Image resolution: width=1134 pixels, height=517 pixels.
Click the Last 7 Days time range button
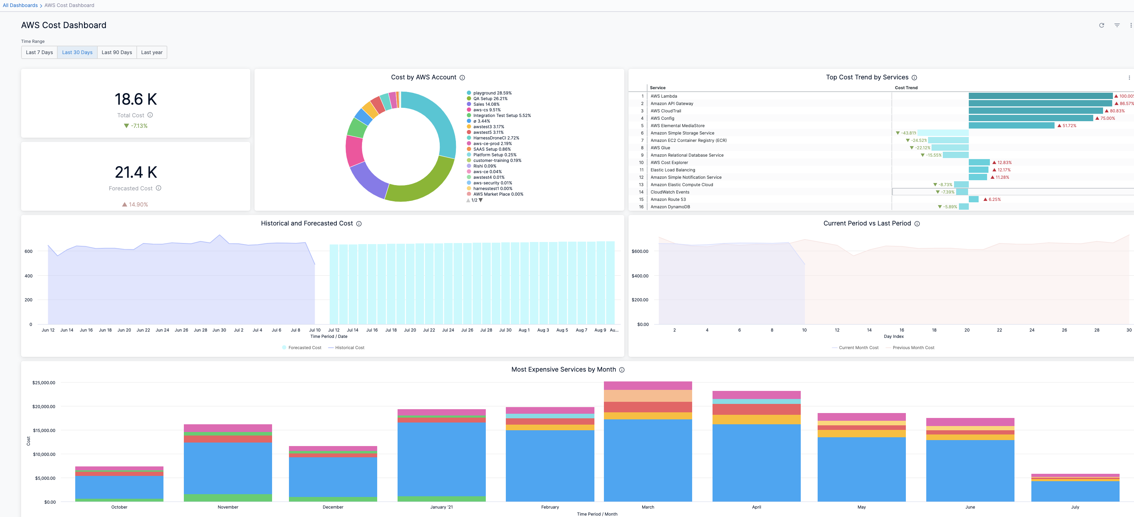click(39, 52)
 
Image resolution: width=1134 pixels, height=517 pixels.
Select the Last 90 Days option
click(117, 52)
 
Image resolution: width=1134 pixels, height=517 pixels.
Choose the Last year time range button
click(152, 52)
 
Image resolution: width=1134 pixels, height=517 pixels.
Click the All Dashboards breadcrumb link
click(20, 5)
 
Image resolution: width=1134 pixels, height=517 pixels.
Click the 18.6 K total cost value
click(136, 99)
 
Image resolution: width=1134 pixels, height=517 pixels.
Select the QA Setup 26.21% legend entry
click(490, 99)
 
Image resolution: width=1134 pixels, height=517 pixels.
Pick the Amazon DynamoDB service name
click(670, 207)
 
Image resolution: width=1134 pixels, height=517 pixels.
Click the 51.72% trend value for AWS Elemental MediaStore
click(1069, 126)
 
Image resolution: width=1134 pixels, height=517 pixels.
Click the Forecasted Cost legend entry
click(304, 348)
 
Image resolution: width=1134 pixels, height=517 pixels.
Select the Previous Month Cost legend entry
click(913, 348)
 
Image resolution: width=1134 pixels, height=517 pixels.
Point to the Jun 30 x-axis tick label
click(219, 330)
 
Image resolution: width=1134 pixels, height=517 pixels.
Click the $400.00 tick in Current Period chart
click(640, 276)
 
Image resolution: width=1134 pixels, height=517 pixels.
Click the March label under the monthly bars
click(647, 507)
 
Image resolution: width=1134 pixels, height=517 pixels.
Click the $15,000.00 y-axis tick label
click(44, 430)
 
